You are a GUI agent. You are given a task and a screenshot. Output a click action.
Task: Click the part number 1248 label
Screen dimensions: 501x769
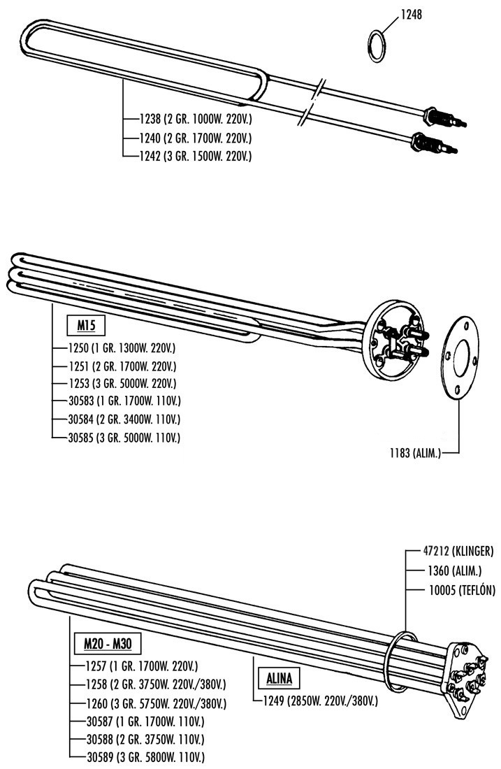coord(412,14)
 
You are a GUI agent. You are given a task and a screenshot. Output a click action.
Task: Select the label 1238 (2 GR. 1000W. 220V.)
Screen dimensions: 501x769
coord(196,119)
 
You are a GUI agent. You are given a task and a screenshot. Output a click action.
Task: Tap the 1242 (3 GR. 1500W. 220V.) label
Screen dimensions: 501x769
coord(196,156)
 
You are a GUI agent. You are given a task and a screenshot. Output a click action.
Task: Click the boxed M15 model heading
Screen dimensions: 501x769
coord(85,324)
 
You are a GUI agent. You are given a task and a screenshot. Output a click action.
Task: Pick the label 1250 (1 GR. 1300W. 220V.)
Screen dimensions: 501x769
coord(122,348)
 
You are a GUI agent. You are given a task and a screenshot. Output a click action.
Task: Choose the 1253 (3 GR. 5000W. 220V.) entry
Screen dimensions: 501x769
coord(122,383)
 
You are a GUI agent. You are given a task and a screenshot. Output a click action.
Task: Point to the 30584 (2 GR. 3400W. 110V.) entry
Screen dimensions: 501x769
coord(124,419)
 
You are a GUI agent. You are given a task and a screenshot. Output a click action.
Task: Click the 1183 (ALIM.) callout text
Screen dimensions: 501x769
coord(415,453)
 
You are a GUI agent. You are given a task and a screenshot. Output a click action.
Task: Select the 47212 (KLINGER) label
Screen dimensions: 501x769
coord(458,551)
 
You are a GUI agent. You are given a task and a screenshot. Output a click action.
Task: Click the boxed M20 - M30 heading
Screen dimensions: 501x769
coord(108,643)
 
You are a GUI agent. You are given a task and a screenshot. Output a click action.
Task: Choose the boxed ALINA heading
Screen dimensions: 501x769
coord(279,679)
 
